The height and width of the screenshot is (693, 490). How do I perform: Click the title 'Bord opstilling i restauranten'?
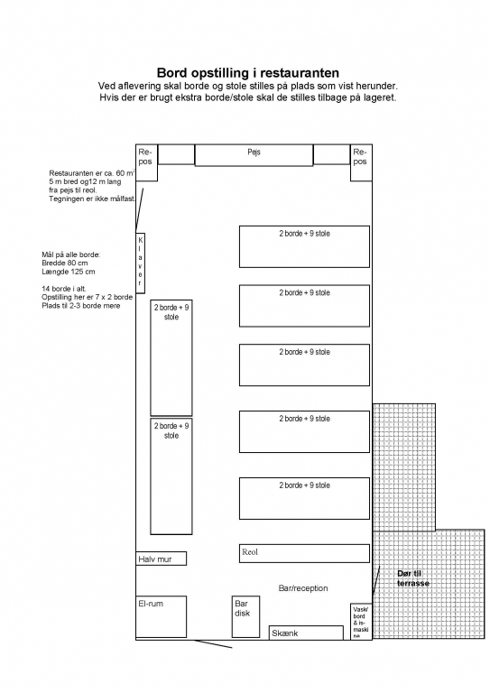tap(248, 72)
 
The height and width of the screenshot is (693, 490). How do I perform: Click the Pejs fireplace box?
tap(254, 155)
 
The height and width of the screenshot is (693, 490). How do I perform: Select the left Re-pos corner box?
tap(147, 162)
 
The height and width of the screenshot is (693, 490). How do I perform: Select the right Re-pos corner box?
tap(361, 162)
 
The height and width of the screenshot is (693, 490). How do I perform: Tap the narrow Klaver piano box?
tap(140, 263)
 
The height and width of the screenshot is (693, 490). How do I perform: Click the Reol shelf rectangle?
tap(304, 553)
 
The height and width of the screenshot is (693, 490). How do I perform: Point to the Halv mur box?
tap(161, 559)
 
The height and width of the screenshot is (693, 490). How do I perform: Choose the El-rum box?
tap(161, 616)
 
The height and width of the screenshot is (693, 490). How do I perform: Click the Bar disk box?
tap(245, 616)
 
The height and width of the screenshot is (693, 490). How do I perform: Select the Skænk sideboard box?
tap(306, 633)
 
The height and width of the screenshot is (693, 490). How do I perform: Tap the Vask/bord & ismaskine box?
tap(361, 622)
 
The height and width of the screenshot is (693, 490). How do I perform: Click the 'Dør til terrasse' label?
tap(413, 578)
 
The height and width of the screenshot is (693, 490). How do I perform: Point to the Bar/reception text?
tap(303, 588)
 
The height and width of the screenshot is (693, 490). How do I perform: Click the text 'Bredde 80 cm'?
tap(64, 263)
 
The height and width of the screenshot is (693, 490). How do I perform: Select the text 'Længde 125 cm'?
tap(68, 272)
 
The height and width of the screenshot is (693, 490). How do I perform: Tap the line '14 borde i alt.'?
tap(64, 289)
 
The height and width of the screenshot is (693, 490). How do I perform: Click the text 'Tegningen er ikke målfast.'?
tap(92, 199)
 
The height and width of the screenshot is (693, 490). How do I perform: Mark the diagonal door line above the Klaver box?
tap(140, 210)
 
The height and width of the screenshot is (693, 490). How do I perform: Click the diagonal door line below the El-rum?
tap(213, 644)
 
